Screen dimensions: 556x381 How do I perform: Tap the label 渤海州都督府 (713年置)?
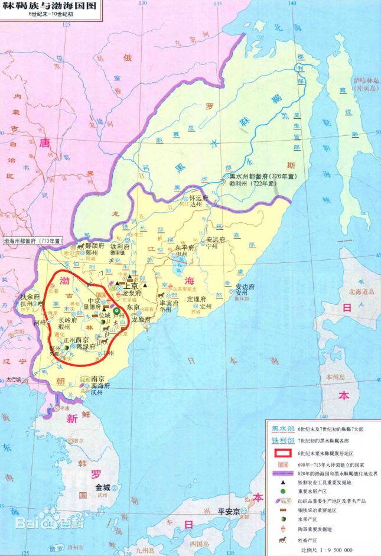click(33, 241)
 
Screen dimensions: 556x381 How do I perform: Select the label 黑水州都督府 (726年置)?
click(256, 176)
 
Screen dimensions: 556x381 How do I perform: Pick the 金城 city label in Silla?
click(98, 487)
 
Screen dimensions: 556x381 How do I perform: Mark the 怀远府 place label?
click(199, 199)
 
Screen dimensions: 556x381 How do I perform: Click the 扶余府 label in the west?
click(30, 297)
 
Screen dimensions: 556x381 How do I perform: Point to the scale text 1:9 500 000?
click(335, 550)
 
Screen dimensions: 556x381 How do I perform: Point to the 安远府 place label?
click(216, 240)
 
